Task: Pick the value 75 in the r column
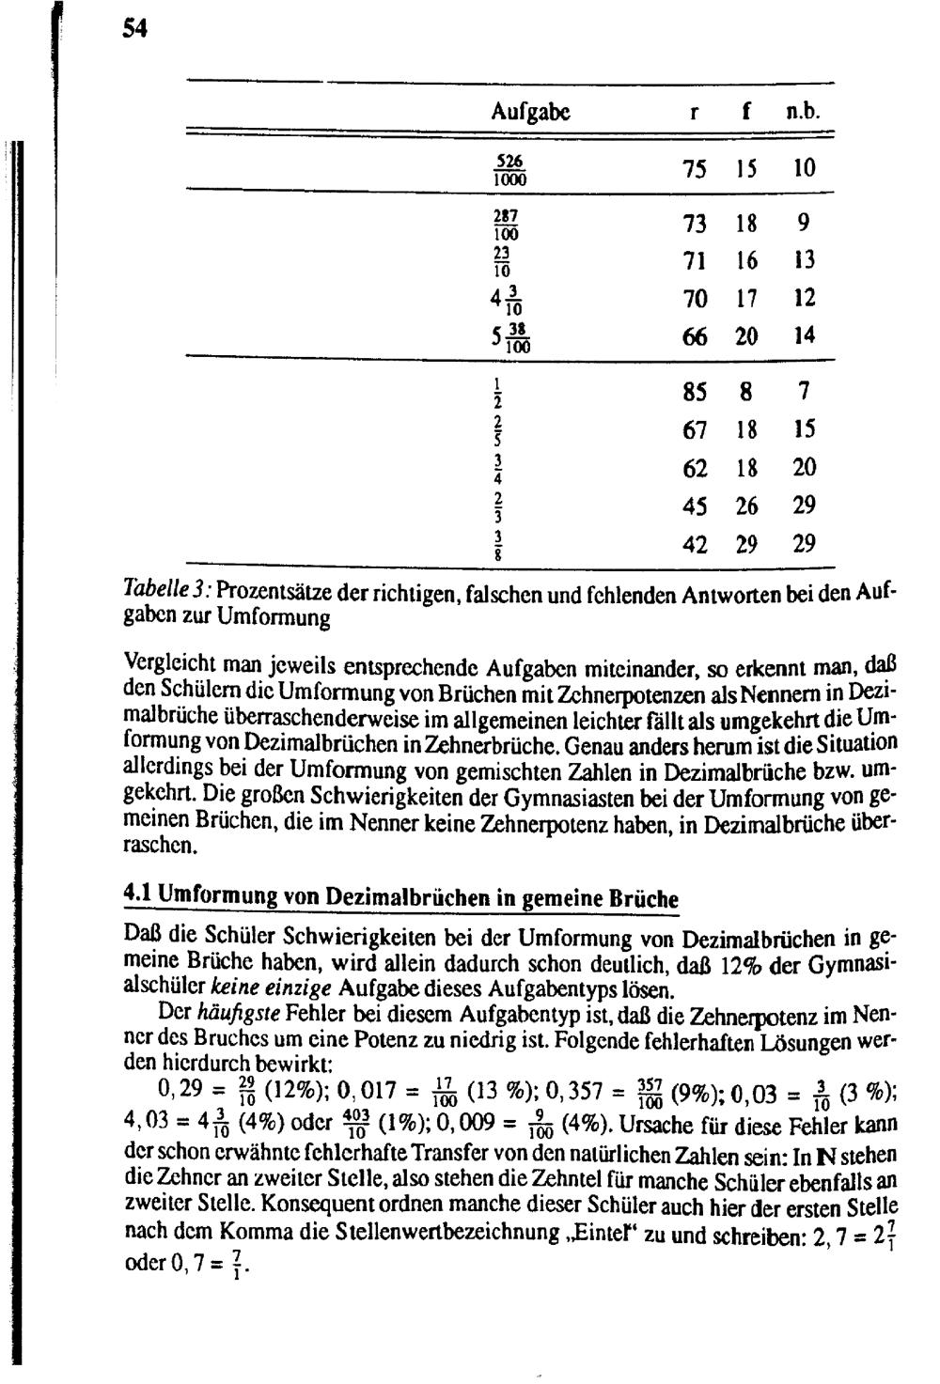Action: (696, 169)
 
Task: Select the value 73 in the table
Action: (696, 224)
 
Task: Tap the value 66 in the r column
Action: (696, 336)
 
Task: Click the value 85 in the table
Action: (696, 390)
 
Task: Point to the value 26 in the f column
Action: (747, 505)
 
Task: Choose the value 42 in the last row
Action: (696, 544)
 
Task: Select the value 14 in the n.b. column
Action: (804, 336)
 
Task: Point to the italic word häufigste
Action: (228, 1016)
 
